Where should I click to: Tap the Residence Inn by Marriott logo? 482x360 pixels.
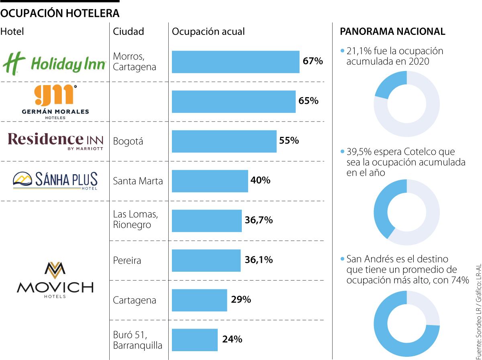point(55,141)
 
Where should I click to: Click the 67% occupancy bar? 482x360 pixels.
point(235,62)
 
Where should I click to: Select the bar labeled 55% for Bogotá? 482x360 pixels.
point(224,141)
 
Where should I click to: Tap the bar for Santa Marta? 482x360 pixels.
point(210,181)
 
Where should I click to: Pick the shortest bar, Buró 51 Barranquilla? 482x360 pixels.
point(194,340)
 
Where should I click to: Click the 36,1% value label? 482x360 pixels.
point(259,260)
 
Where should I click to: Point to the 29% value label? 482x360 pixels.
point(241,299)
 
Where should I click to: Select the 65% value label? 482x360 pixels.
point(308,101)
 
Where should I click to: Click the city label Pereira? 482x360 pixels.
point(127,260)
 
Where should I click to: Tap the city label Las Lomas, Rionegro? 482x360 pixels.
point(135,220)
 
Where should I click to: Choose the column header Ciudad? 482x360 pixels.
point(129,31)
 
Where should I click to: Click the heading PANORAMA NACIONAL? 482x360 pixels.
point(392,32)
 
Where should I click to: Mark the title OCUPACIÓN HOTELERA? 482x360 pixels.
point(60,13)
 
